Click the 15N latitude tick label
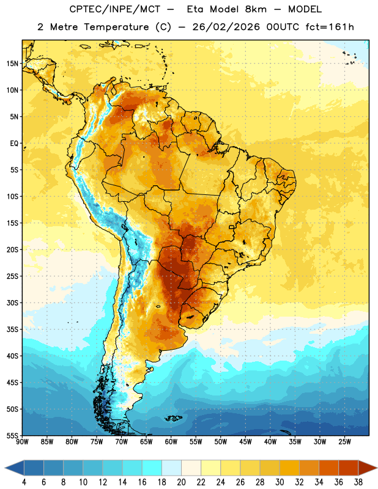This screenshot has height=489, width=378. (x=12, y=64)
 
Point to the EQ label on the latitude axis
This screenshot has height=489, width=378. (x=14, y=144)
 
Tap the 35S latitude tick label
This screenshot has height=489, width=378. (x=12, y=329)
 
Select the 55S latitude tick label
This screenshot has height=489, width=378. (x=12, y=436)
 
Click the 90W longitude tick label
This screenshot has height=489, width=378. (x=22, y=442)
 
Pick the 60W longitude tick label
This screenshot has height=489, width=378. (x=171, y=442)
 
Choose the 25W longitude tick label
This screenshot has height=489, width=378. (x=344, y=442)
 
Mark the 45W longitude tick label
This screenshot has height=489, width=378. (x=245, y=442)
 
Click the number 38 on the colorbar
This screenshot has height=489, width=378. (x=358, y=482)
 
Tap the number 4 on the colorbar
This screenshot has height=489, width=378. (x=24, y=482)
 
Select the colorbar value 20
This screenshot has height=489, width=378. (x=181, y=482)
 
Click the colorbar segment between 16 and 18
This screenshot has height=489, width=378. (x=152, y=468)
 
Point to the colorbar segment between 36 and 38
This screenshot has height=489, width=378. (x=349, y=468)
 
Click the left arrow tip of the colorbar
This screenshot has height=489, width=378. (x=5, y=468)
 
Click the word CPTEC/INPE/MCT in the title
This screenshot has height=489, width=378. (x=114, y=9)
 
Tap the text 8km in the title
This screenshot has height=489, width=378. (x=256, y=9)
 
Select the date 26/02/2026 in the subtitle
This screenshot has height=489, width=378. (x=226, y=27)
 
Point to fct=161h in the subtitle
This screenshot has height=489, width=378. (x=330, y=27)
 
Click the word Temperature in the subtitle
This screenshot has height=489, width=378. (x=116, y=28)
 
